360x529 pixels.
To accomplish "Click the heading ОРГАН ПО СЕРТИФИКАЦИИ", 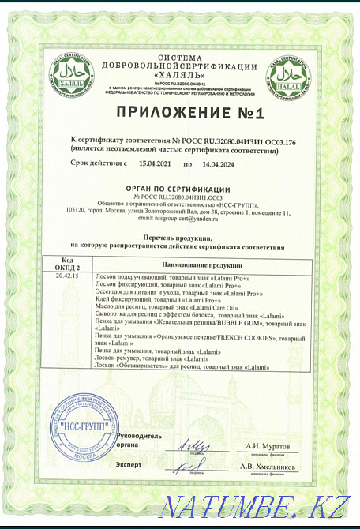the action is (x=181, y=189).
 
